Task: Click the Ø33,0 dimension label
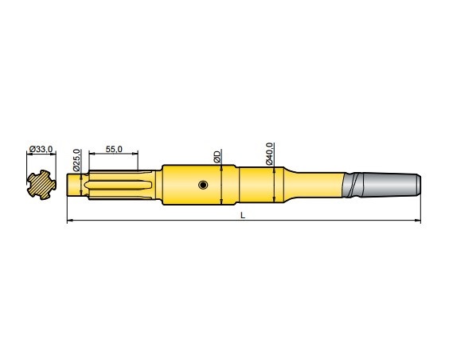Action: (x=41, y=149)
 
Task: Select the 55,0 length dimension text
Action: (x=113, y=149)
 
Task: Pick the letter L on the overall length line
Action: (x=242, y=215)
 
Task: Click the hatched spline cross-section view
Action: (x=41, y=185)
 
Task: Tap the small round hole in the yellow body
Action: (x=204, y=185)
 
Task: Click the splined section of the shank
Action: (x=119, y=185)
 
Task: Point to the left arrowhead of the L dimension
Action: (x=70, y=221)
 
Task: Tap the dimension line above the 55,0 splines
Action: (x=113, y=155)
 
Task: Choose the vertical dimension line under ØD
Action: (x=221, y=185)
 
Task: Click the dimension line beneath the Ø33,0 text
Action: (x=41, y=155)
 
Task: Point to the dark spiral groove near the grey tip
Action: (x=351, y=184)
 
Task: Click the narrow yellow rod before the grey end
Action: (x=322, y=184)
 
